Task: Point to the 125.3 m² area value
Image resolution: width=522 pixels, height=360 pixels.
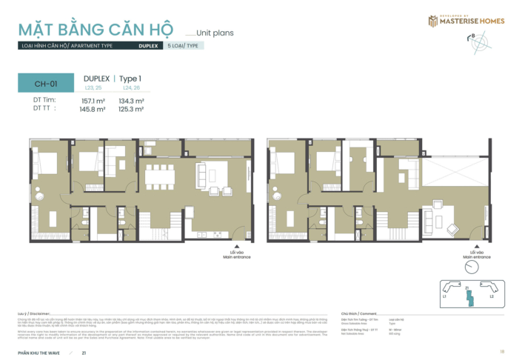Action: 131,109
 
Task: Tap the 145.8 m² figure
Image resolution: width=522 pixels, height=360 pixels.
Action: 93,109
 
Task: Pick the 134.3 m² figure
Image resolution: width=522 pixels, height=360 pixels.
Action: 131,101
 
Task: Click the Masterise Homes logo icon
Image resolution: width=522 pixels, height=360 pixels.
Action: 432,21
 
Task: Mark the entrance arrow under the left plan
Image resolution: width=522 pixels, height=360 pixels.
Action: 236,250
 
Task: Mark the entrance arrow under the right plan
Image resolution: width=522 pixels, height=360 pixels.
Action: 472,250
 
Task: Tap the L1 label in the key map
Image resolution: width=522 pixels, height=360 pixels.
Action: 444,296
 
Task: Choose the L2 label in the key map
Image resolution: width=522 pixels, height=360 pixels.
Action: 491,296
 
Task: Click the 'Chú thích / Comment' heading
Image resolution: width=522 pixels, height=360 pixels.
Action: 358,314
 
